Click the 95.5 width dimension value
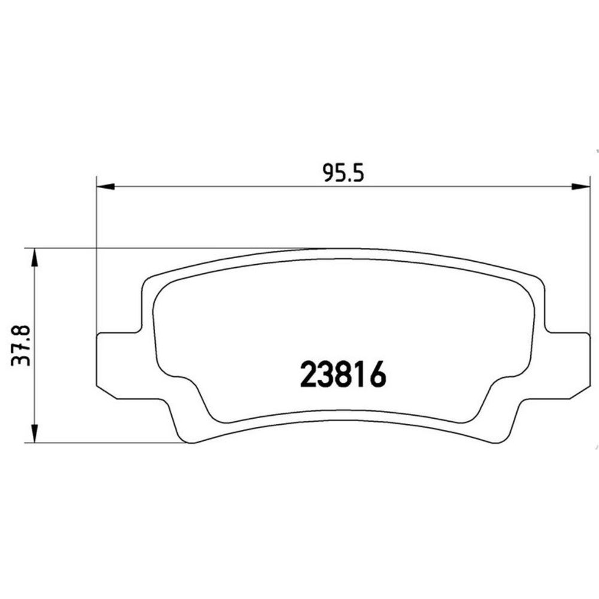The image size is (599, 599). pyautogui.click(x=343, y=173)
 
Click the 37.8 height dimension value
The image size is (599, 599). pyautogui.click(x=20, y=346)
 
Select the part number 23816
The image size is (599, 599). pyautogui.click(x=343, y=375)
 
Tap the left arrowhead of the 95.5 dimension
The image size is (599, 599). pyautogui.click(x=105, y=186)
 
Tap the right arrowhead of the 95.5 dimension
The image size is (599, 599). pyautogui.click(x=580, y=186)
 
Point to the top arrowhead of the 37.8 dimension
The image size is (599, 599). pyautogui.click(x=34, y=258)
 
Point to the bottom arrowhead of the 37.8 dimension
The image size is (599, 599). pyautogui.click(x=34, y=434)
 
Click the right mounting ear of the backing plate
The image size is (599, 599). pyautogui.click(x=567, y=365)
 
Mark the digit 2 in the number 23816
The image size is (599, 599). pyautogui.click(x=308, y=375)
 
